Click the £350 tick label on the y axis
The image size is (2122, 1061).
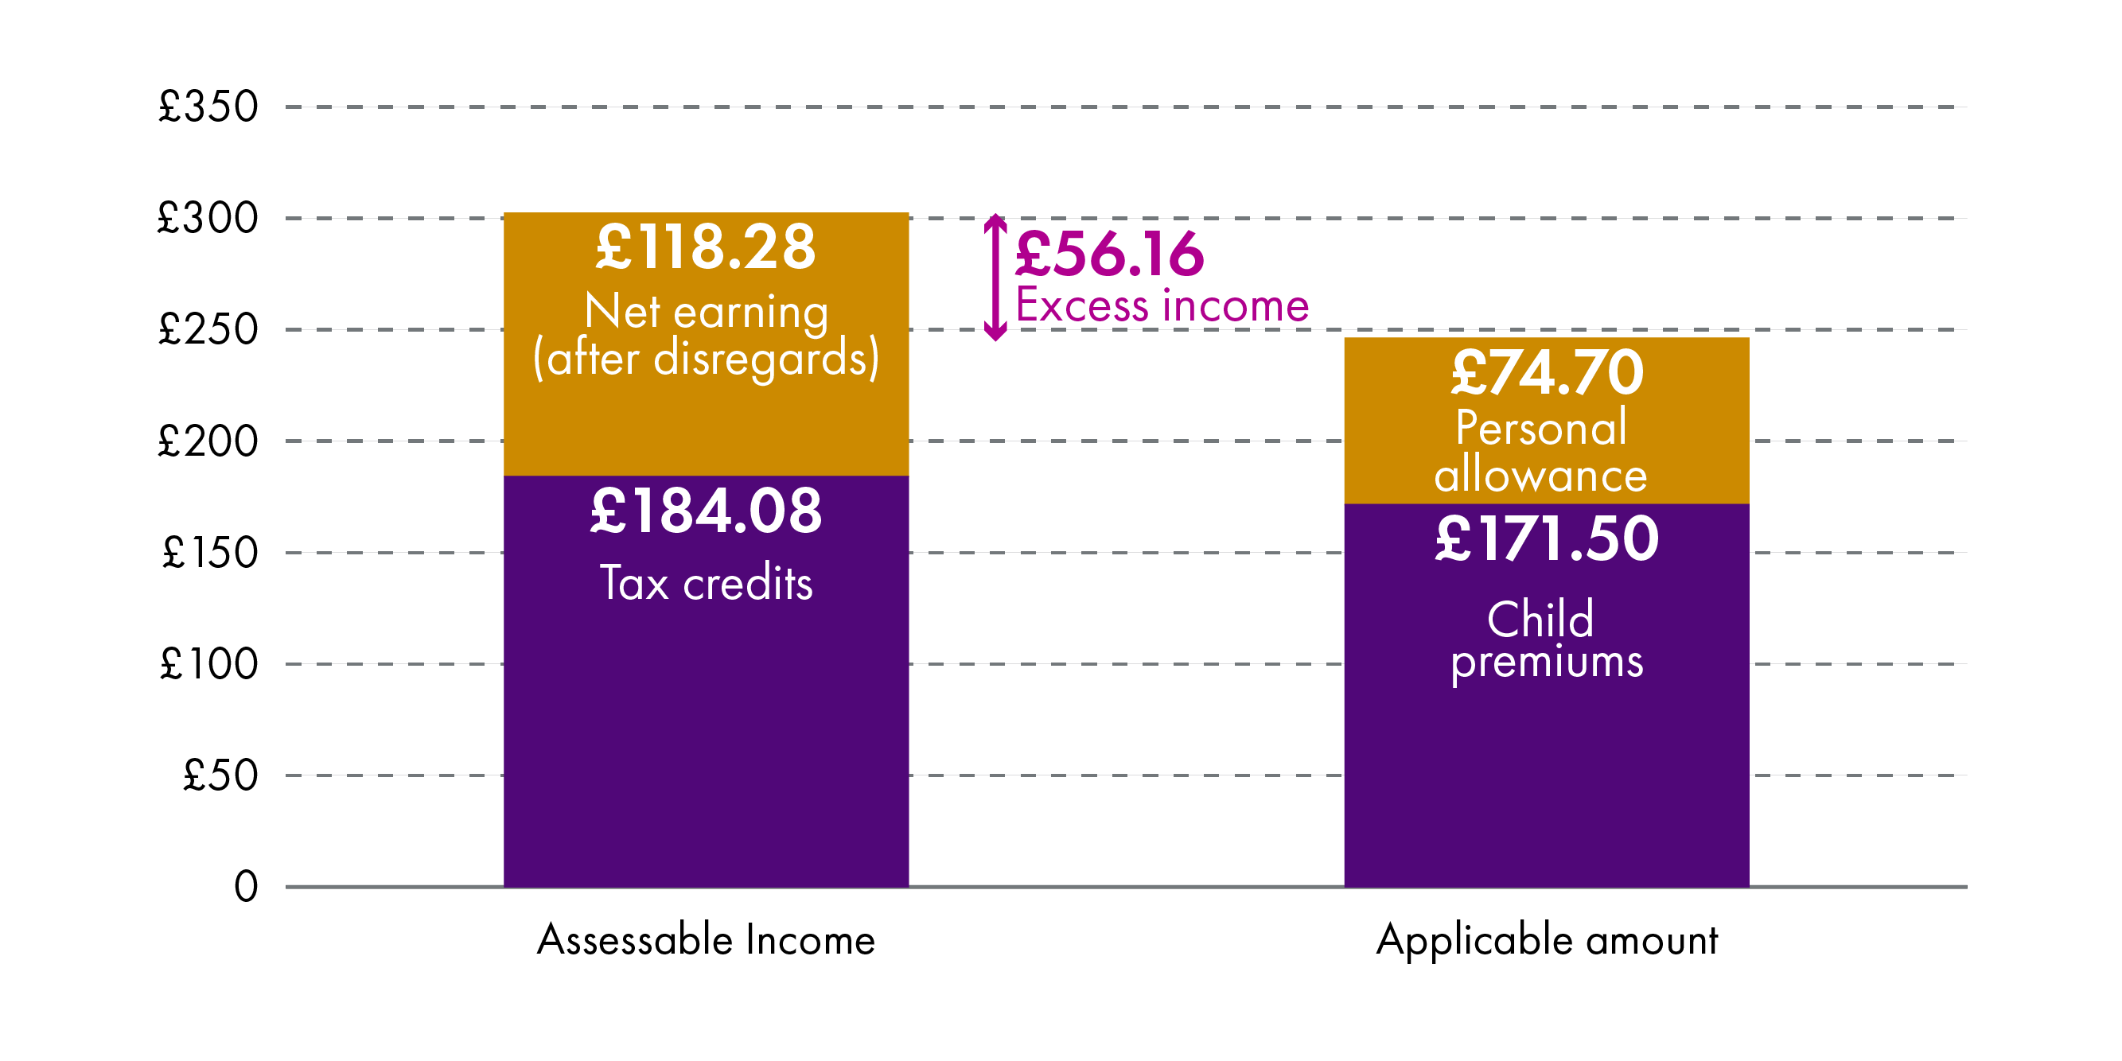click(x=208, y=107)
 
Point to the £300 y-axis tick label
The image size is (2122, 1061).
click(x=208, y=218)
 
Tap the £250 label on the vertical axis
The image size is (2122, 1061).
click(x=208, y=329)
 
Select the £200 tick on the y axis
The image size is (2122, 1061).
click(x=208, y=441)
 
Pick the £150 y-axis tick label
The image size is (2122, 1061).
click(x=210, y=553)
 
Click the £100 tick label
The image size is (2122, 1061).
click(x=209, y=664)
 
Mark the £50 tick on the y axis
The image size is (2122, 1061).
click(x=220, y=775)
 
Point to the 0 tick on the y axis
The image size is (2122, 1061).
click(x=246, y=887)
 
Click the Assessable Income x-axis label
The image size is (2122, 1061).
click(x=706, y=940)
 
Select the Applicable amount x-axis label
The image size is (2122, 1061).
click(x=1547, y=940)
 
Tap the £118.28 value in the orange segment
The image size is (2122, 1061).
click(x=706, y=247)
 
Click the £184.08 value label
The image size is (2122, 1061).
click(x=706, y=511)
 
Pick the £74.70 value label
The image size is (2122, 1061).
click(x=1547, y=372)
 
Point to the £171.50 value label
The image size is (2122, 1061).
click(x=1547, y=538)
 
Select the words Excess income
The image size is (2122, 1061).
click(x=1162, y=305)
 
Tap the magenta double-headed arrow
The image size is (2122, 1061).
click(x=995, y=277)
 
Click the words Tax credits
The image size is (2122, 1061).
click(x=706, y=582)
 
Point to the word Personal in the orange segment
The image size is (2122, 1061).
click(x=1541, y=428)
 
